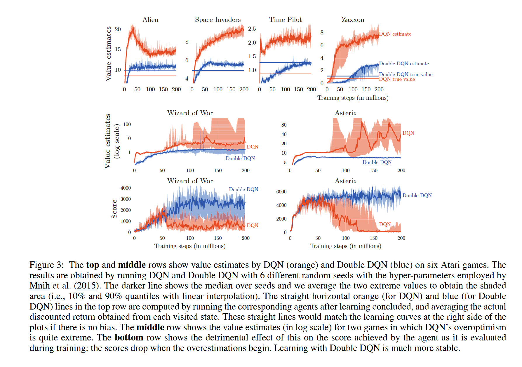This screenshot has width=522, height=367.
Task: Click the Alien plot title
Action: point(150,20)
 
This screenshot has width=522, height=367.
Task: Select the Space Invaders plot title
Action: point(218,20)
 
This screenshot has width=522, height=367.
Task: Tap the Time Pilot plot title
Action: point(285,20)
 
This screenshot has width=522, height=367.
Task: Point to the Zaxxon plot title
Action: point(353,20)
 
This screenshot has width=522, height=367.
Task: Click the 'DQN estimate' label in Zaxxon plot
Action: point(395,34)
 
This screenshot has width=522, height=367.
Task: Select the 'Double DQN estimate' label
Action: point(404,64)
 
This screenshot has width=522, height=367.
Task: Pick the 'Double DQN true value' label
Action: point(406,74)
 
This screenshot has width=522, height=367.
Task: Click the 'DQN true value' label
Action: point(397,79)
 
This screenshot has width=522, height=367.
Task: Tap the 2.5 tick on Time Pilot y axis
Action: point(252,29)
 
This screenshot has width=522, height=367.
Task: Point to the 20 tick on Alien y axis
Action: point(118,29)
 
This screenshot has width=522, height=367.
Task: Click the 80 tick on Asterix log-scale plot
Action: point(284,125)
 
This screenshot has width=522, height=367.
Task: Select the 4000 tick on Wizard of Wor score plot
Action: point(126,188)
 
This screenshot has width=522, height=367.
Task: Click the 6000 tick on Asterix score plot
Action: point(281,192)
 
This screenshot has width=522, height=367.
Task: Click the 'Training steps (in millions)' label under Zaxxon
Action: point(353,98)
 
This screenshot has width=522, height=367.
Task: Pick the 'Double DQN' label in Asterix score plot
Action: point(417,195)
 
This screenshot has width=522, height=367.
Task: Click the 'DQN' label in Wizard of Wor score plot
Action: point(252,226)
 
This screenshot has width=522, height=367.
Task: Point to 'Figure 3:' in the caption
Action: point(46,265)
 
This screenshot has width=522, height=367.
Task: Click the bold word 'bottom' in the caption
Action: point(129,338)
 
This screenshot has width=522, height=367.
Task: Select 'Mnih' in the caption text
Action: point(39,286)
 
